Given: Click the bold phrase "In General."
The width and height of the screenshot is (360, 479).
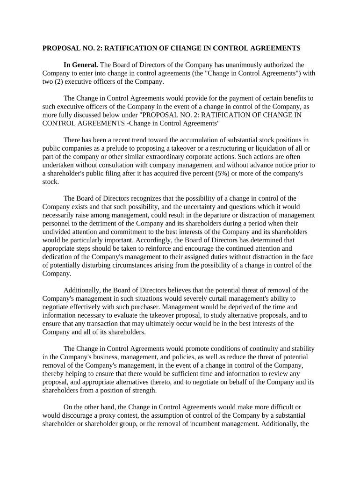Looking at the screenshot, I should click(x=80, y=65).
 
